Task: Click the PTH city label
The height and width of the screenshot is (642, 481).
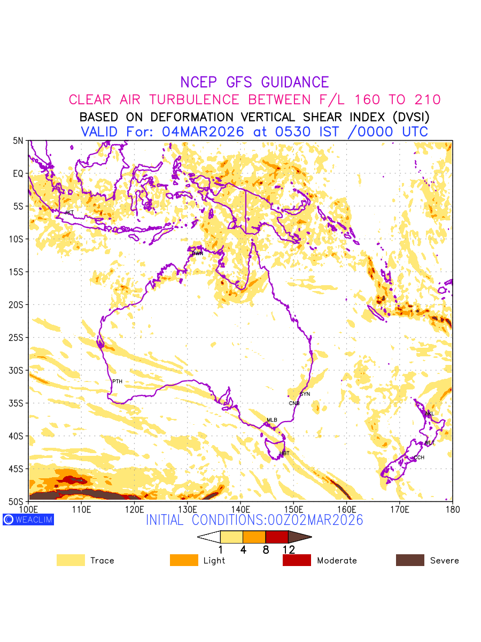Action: pyautogui.click(x=117, y=381)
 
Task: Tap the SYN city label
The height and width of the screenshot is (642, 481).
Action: pyautogui.click(x=305, y=394)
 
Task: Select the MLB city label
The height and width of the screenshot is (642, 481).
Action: pyautogui.click(x=272, y=420)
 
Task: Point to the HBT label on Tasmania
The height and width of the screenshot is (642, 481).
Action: pyautogui.click(x=284, y=454)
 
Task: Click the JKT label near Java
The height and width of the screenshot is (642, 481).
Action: pyautogui.click(x=69, y=213)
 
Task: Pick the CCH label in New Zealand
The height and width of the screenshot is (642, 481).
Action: pyautogui.click(x=419, y=457)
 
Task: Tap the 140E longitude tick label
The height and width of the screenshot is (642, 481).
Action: pyautogui.click(x=240, y=509)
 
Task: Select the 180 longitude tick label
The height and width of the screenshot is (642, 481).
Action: pyautogui.click(x=452, y=509)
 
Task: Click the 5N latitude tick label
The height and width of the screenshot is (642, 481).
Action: pyautogui.click(x=19, y=141)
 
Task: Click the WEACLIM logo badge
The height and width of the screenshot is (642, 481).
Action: pyautogui.click(x=28, y=519)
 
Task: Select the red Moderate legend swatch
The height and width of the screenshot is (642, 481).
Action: pyautogui.click(x=297, y=560)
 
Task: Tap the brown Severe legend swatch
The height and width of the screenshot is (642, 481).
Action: pyautogui.click(x=410, y=560)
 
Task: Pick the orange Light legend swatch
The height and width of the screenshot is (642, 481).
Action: pyautogui.click(x=184, y=560)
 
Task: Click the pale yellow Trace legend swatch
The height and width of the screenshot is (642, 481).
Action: pyautogui.click(x=71, y=560)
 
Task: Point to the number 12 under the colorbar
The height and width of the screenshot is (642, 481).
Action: pyautogui.click(x=289, y=549)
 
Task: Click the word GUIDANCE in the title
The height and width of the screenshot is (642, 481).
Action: pyautogui.click(x=295, y=82)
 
